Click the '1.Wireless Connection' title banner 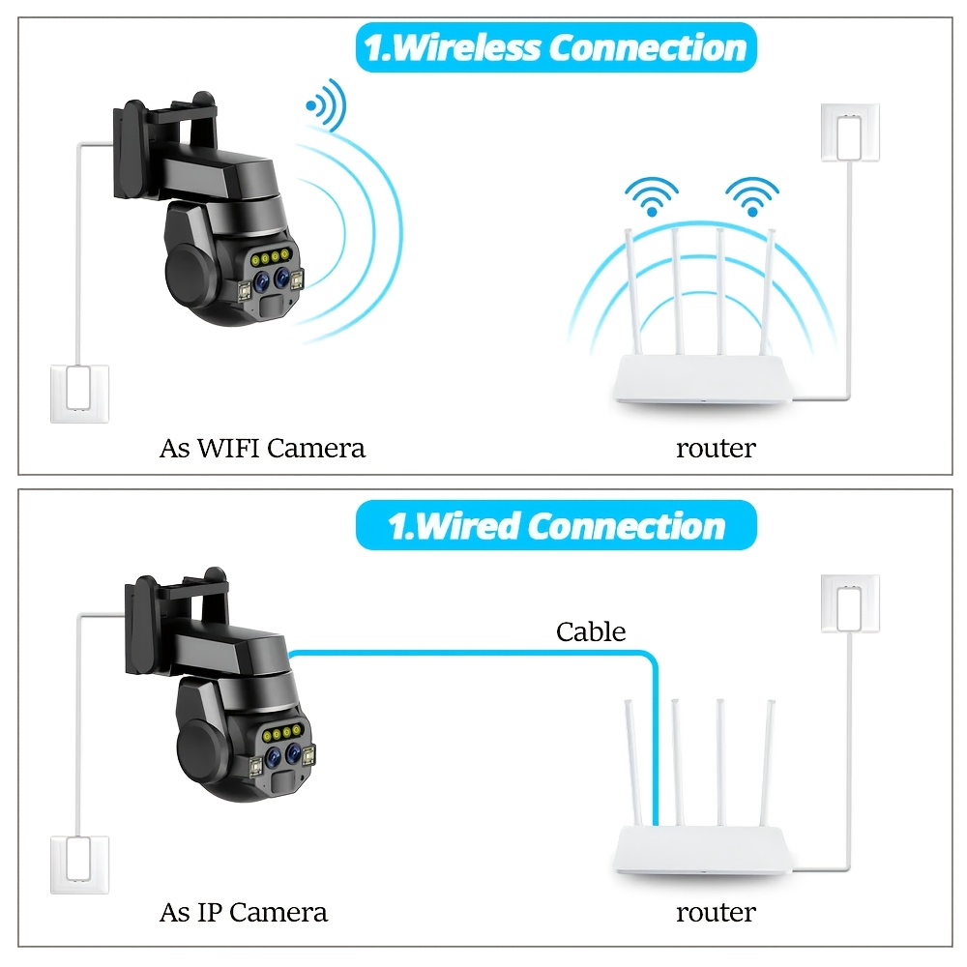556,48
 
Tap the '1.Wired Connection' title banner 556,526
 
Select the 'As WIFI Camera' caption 262,449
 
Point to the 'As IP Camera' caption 243,912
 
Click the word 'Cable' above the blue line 591,632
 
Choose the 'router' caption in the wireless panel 716,449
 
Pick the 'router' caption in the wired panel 716,912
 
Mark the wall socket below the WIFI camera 80,393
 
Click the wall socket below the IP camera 80,864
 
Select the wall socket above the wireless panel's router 850,132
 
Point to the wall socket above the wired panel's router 850,604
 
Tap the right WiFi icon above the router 752,195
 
